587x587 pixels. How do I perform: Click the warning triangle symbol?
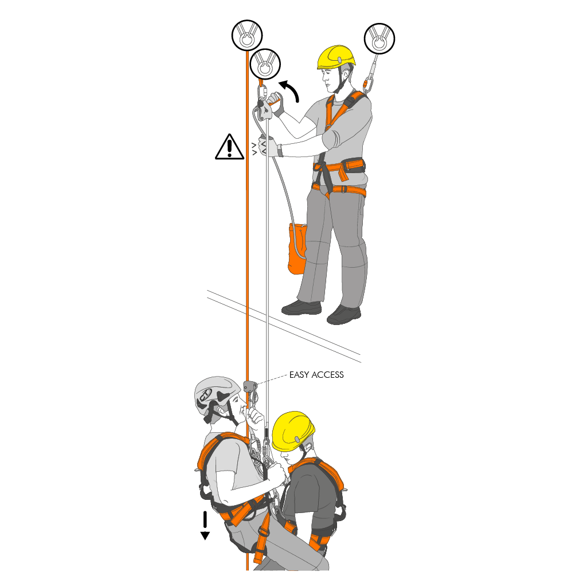tap(229, 147)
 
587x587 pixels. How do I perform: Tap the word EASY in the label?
tap(299, 375)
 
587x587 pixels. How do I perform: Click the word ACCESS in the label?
tap(327, 375)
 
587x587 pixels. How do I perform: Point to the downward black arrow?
tap(205, 526)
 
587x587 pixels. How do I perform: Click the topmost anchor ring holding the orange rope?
tap(246, 35)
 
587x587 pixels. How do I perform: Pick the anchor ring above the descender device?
tap(265, 64)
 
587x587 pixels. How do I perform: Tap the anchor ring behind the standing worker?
tap(379, 38)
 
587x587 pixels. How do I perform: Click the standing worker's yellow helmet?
tap(336, 57)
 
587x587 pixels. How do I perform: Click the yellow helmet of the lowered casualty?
tap(292, 431)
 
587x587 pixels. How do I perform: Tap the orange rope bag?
tap(297, 249)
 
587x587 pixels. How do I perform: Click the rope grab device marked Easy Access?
tap(250, 386)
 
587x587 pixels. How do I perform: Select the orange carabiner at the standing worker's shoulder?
tap(367, 85)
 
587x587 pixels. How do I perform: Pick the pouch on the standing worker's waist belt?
tap(353, 166)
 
